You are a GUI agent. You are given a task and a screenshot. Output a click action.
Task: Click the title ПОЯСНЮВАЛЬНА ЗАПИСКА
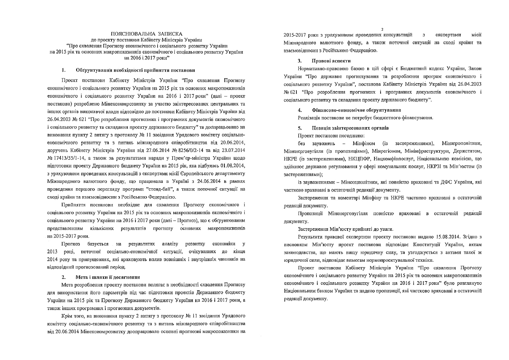[146, 33]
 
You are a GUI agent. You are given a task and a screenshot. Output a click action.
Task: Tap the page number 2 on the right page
[382, 29]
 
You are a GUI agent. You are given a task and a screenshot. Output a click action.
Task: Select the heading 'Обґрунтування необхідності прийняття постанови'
[135, 70]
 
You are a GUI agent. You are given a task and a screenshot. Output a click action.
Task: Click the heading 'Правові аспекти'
[331, 60]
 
